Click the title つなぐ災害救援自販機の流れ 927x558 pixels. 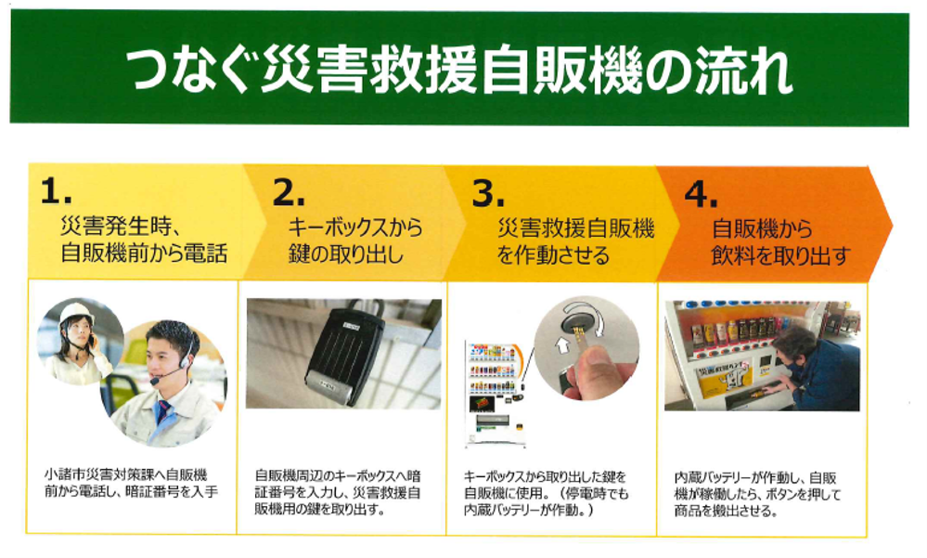point(458,71)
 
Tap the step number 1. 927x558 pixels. point(56,191)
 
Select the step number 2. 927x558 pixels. point(288,192)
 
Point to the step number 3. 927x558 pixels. point(488,193)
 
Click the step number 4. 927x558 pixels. point(701,193)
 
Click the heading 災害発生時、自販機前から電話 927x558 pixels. point(144,240)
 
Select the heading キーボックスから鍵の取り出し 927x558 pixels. point(354,240)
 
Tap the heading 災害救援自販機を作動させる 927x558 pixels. point(575,241)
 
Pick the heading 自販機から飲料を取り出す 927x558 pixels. point(780,242)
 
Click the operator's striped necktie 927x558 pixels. point(162,410)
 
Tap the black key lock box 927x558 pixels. point(344,355)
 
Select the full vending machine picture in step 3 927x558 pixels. point(496,393)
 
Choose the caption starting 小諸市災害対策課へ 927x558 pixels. point(131,483)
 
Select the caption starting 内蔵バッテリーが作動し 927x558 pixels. point(757,494)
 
